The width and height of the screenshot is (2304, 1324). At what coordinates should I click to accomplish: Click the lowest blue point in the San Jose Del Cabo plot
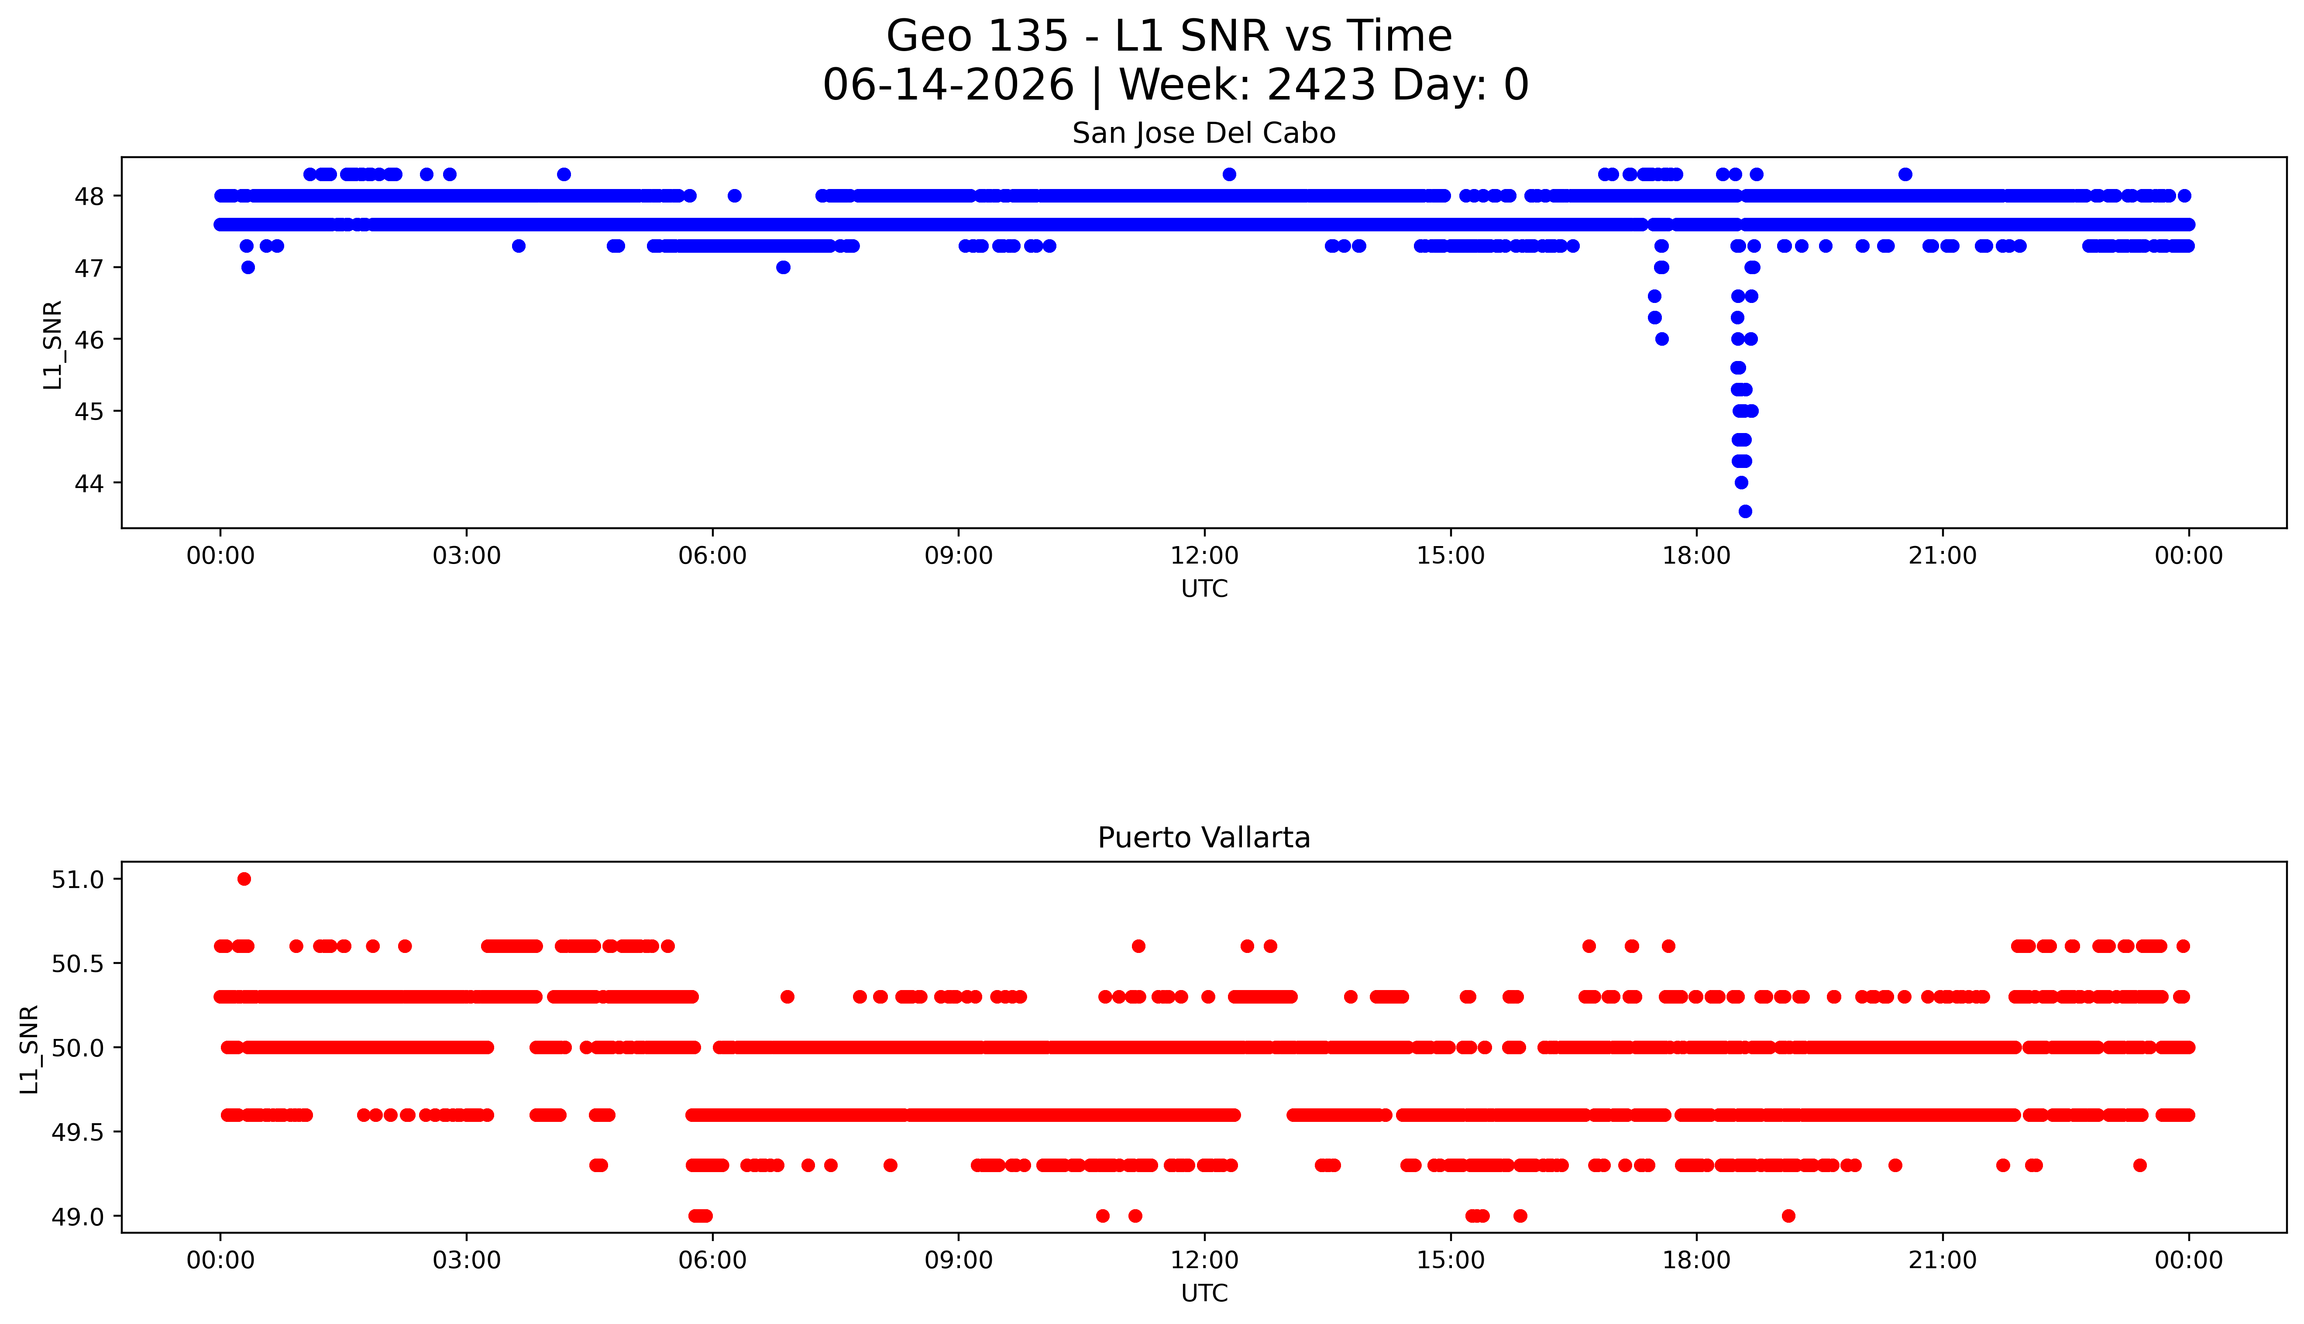[1745, 511]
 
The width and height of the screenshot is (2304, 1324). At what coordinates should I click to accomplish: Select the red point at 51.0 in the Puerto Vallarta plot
[244, 878]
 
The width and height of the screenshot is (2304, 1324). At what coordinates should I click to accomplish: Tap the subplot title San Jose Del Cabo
[1204, 134]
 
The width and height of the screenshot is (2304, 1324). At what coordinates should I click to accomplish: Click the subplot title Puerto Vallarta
[1204, 838]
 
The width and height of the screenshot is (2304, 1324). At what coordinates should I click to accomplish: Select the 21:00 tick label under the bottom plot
[1942, 1260]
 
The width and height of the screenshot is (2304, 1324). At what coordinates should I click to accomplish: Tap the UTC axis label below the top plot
[1204, 589]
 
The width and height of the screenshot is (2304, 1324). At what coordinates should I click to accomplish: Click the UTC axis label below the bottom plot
[1204, 1293]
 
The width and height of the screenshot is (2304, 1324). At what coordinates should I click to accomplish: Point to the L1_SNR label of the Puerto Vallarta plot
[30, 1049]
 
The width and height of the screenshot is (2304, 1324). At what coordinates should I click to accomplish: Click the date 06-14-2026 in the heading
[948, 86]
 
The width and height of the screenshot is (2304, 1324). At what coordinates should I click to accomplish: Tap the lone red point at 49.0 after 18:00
[1788, 1216]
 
